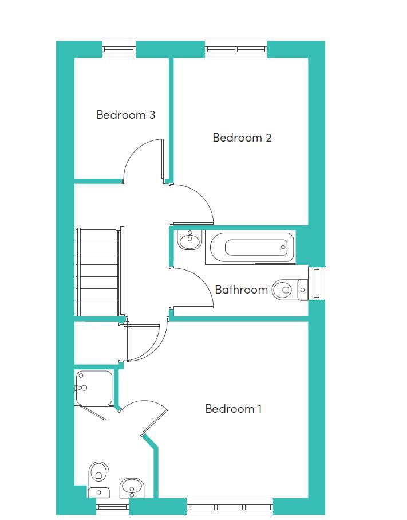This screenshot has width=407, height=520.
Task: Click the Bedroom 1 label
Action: pyautogui.click(x=234, y=409)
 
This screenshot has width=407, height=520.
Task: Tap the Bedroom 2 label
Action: pyautogui.click(x=242, y=137)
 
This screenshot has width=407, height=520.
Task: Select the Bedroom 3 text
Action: pyautogui.click(x=126, y=115)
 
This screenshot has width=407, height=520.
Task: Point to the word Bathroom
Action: pyautogui.click(x=241, y=290)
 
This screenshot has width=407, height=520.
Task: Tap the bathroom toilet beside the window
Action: pyautogui.click(x=290, y=290)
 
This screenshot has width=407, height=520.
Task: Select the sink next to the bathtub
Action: pyautogui.click(x=189, y=240)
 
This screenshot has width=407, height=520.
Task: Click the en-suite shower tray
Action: pyautogui.click(x=94, y=388)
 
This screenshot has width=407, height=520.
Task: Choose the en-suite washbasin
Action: pyautogui.click(x=132, y=488)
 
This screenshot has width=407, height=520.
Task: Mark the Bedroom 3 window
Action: pyautogui.click(x=119, y=49)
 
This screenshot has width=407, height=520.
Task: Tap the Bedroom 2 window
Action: pyautogui.click(x=236, y=49)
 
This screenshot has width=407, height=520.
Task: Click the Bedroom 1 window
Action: pyautogui.click(x=230, y=506)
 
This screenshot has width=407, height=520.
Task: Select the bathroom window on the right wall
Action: pyautogui.click(x=317, y=283)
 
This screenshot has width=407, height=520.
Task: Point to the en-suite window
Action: pyautogui.click(x=113, y=506)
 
